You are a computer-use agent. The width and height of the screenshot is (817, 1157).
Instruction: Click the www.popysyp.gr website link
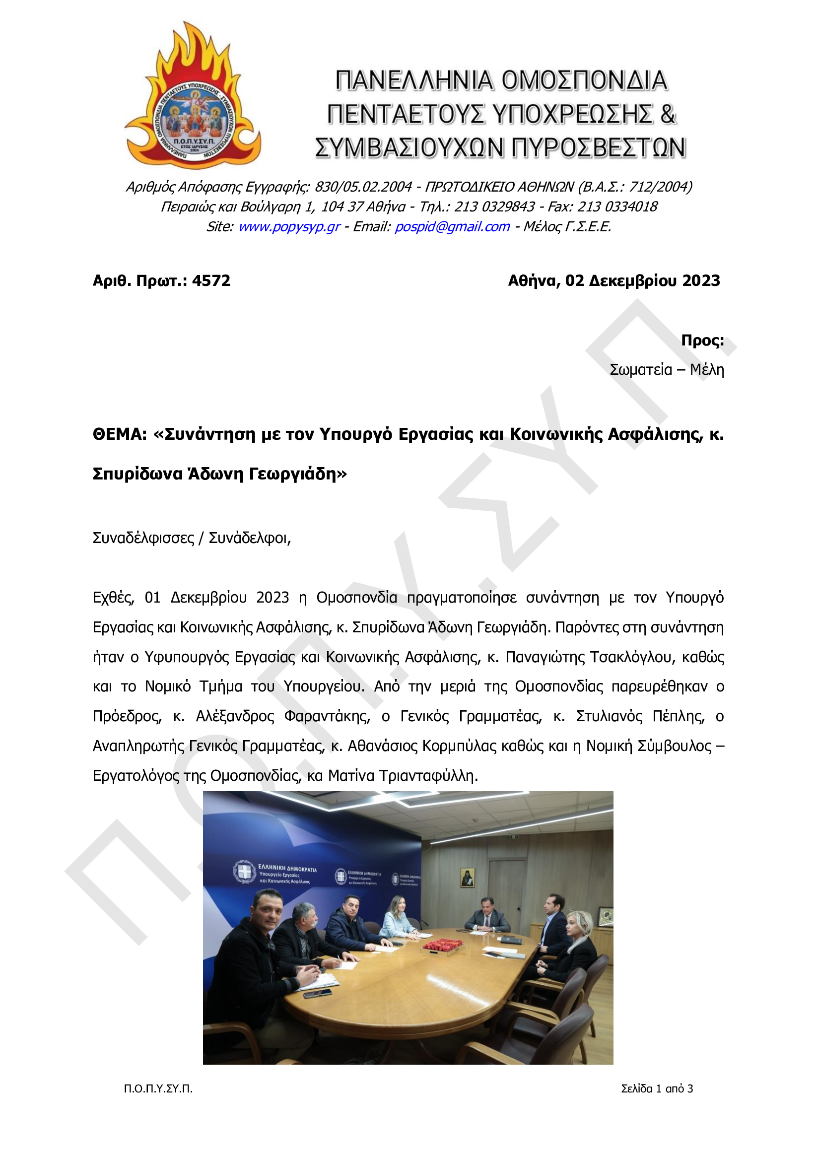tap(289, 227)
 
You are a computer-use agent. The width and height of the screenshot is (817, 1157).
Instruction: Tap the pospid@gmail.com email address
tap(452, 227)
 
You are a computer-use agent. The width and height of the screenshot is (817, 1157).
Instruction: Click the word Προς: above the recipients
tap(702, 340)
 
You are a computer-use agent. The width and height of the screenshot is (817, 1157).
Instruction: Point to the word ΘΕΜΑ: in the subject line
tap(120, 434)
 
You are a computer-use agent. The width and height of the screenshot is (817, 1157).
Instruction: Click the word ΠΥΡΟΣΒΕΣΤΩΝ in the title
tap(598, 148)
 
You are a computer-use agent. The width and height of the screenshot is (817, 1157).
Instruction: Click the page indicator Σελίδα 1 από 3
tap(657, 1089)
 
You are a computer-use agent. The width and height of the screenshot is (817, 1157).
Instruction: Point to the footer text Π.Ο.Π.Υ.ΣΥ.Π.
tap(158, 1089)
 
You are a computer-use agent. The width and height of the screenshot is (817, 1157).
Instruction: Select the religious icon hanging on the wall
tap(467, 879)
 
